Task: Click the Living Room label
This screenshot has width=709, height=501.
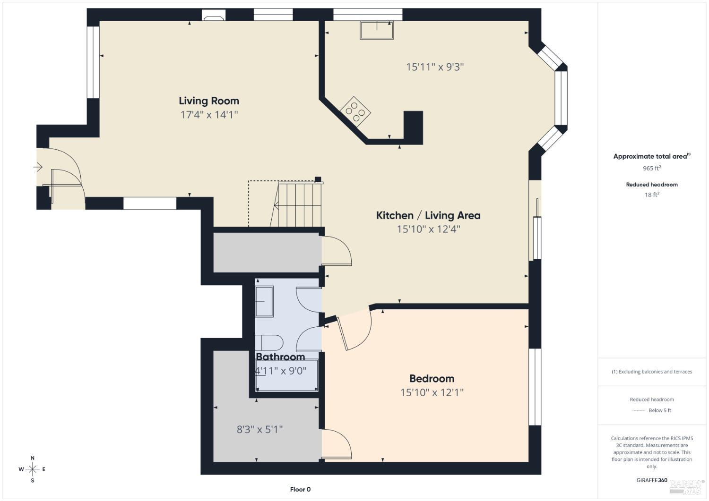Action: point(208,101)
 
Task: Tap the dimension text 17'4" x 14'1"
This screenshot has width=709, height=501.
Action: point(208,115)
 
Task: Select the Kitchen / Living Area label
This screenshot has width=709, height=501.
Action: point(428,215)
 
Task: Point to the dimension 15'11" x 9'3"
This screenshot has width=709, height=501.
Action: point(435,67)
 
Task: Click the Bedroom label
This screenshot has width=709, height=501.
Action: point(432,379)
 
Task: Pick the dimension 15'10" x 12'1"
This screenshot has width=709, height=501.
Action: point(432,392)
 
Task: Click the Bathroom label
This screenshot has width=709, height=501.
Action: point(280,357)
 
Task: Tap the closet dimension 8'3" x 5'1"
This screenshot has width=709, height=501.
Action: point(259,430)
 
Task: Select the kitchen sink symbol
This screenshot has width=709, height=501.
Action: point(376,30)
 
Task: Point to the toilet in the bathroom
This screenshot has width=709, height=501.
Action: point(269,342)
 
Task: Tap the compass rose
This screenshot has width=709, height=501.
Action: point(32,469)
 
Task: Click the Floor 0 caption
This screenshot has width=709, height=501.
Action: point(300,489)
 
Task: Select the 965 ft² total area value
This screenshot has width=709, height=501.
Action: point(651,168)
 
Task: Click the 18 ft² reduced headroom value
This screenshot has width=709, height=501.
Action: point(651,195)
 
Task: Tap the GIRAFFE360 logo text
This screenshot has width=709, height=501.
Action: point(652,480)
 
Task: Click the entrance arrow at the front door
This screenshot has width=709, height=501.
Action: point(38,167)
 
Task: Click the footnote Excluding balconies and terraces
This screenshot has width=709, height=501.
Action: point(652,372)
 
